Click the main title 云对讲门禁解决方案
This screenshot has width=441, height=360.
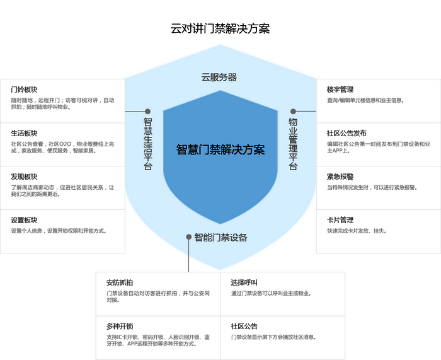[x=220, y=28]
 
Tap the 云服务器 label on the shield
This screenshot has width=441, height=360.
[x=219, y=77]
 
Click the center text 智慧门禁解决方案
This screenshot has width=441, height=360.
[x=220, y=149]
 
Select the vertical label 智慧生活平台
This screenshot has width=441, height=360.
[x=148, y=144]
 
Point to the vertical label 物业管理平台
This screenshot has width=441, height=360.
[x=293, y=144]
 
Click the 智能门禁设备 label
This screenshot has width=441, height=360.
[x=220, y=237]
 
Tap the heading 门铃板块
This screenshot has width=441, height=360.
[x=24, y=90]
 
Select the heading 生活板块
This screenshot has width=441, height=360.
[x=24, y=134]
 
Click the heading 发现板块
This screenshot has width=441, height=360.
[x=24, y=177]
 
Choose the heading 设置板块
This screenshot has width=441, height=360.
[x=24, y=220]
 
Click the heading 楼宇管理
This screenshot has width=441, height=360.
[x=340, y=90]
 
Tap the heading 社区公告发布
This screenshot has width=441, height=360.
[x=346, y=134]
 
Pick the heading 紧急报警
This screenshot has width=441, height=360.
[x=340, y=177]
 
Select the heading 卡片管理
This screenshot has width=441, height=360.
[x=340, y=220]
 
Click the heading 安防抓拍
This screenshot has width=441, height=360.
[x=119, y=282]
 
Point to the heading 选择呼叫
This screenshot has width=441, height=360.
[x=244, y=282]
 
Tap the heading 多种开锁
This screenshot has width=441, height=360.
[x=119, y=326]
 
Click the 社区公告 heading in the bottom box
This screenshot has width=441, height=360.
[x=244, y=326]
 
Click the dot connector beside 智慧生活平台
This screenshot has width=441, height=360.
[x=148, y=112]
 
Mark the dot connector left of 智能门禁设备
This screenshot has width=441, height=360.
[x=188, y=237]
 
